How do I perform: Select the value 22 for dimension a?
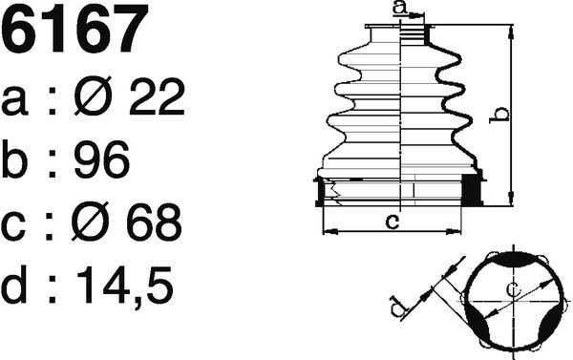coord(158,96)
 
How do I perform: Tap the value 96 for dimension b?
coord(101,159)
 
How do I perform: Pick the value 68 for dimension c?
coord(154,222)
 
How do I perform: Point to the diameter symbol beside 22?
coord(93,96)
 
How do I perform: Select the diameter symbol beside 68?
coord(91,222)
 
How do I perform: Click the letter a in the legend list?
coord(14,101)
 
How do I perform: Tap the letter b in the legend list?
coord(14,159)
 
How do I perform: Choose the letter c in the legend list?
coord(13,227)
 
